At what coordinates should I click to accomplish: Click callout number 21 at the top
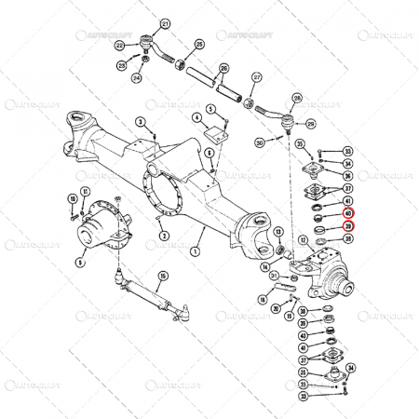pyautogui.click(x=166, y=23)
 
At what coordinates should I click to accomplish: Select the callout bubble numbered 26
pyautogui.click(x=223, y=68)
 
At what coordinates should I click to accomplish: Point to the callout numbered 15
pyautogui.click(x=163, y=276)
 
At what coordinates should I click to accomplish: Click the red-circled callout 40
pyautogui.click(x=347, y=212)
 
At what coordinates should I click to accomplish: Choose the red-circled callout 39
pyautogui.click(x=347, y=226)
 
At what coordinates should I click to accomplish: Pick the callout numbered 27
pyautogui.click(x=257, y=77)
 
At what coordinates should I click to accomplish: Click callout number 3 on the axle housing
pyautogui.click(x=139, y=123)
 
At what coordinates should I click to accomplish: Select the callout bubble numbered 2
pyautogui.click(x=164, y=237)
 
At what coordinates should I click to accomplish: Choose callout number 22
pyautogui.click(x=120, y=45)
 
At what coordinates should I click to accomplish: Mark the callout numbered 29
pyautogui.click(x=311, y=122)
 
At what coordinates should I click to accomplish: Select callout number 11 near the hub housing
pyautogui.click(x=86, y=193)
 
